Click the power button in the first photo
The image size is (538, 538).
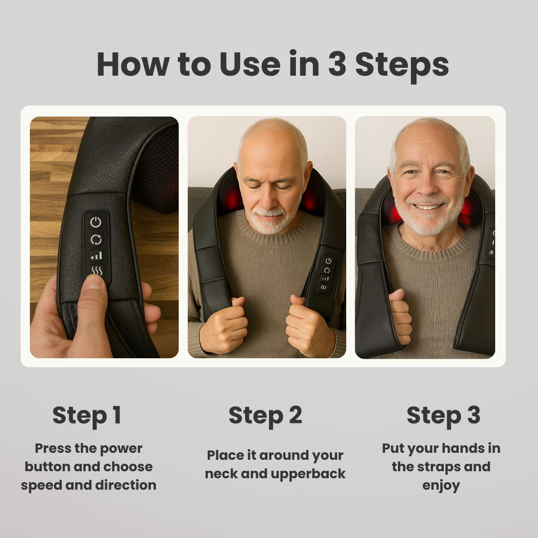click(96, 223)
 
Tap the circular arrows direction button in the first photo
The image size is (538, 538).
click(96, 240)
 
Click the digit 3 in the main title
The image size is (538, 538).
click(337, 64)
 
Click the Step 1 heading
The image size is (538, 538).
click(87, 415)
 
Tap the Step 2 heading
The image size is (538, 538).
click(265, 415)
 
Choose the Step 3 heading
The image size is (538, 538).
click(443, 415)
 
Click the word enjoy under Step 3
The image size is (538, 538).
click(441, 485)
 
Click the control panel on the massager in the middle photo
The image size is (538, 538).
click(326, 274)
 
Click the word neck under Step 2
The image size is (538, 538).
click(224, 473)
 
